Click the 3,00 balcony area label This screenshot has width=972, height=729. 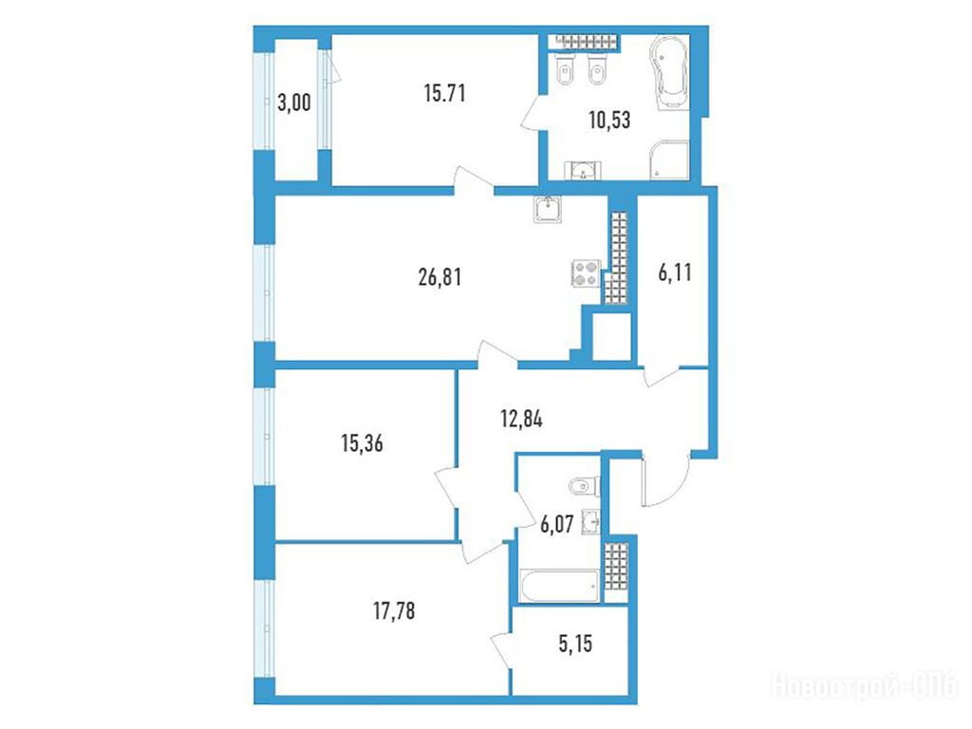tap(294, 103)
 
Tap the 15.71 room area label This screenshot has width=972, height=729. tap(444, 93)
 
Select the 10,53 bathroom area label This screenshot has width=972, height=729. tap(609, 120)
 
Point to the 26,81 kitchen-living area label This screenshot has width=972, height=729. tap(439, 276)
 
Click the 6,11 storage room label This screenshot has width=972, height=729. tap(675, 271)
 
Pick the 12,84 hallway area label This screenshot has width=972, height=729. tap(521, 419)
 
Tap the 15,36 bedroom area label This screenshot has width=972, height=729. tap(362, 443)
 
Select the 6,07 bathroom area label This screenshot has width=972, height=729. tap(556, 524)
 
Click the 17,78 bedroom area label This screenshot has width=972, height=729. tap(394, 611)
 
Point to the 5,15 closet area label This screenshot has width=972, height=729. tap(575, 644)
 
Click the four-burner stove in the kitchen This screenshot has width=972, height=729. tap(586, 273)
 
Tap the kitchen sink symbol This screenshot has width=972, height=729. tap(548, 209)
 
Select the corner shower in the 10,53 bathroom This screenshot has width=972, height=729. tap(670, 159)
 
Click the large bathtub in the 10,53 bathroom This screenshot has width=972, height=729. tap(669, 73)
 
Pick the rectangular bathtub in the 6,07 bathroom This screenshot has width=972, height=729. tap(560, 586)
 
